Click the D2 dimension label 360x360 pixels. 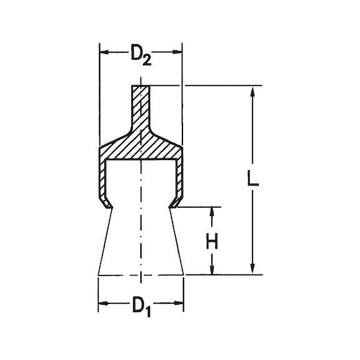pyautogui.click(x=141, y=55)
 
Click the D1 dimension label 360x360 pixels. pyautogui.click(x=142, y=307)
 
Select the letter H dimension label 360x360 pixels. pyautogui.click(x=212, y=241)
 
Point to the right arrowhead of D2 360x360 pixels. pyautogui.click(x=177, y=52)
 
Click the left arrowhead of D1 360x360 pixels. pyautogui.click(x=103, y=304)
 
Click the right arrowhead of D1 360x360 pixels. pyautogui.click(x=179, y=303)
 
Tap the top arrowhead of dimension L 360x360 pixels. pyautogui.click(x=253, y=91)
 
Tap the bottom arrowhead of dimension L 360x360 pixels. pyautogui.click(x=253, y=269)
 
